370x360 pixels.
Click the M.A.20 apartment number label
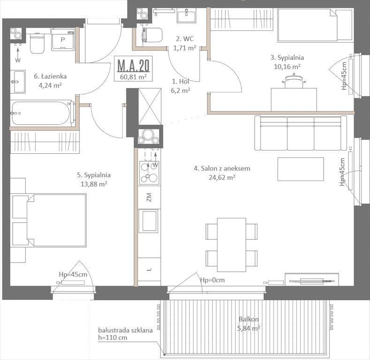click(134, 64)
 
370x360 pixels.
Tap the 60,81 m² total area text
click(134, 77)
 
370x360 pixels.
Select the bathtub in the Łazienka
click(42, 113)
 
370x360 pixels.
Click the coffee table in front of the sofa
click(300, 169)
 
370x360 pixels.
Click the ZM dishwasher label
click(149, 197)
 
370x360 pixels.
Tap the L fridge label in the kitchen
click(149, 269)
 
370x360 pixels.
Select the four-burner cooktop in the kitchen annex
click(149, 172)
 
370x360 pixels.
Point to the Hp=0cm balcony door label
click(212, 280)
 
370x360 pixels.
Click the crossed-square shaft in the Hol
click(150, 107)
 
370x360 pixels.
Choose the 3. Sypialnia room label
click(287, 58)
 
